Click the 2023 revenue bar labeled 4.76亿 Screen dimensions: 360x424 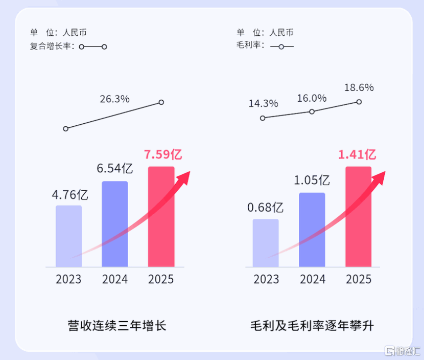pos(68,236)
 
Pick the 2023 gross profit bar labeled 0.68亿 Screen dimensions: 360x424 pos(266,243)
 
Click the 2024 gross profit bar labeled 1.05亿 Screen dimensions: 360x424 pos(312,230)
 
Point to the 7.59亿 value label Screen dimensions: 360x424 pos(163,154)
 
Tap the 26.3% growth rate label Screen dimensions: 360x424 pos(114,99)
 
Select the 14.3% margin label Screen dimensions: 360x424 pos(263,103)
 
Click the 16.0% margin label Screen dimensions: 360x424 pos(312,98)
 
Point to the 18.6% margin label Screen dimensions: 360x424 pos(359,87)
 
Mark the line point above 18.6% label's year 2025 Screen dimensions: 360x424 pos(359,102)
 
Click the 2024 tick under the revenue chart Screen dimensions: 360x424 pos(115,279)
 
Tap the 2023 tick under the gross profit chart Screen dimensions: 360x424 pos(266,279)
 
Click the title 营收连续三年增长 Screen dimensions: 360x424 pos(116,325)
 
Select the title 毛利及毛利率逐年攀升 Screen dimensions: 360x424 pos(312,325)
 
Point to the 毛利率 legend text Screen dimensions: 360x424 pos(250,46)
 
